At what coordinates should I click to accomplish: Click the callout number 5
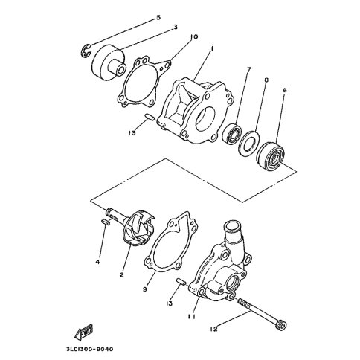point(158,18)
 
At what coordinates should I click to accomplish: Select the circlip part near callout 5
point(86,51)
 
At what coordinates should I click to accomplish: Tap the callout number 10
point(193,37)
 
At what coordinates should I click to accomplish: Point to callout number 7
point(248,69)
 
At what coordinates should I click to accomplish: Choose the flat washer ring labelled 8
point(248,142)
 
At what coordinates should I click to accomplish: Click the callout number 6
point(284,90)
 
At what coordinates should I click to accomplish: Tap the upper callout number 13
point(132,133)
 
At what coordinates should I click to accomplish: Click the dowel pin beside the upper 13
point(150,116)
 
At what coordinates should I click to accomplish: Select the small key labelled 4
point(105,222)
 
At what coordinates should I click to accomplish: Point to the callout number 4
point(98,262)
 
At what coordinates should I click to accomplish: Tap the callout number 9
point(144,289)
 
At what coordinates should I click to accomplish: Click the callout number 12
point(213,329)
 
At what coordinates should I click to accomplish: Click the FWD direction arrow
point(84,332)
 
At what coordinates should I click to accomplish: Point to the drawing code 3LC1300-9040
point(89,349)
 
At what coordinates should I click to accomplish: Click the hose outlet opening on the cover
point(232,226)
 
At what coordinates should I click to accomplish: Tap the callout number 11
point(192,317)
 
